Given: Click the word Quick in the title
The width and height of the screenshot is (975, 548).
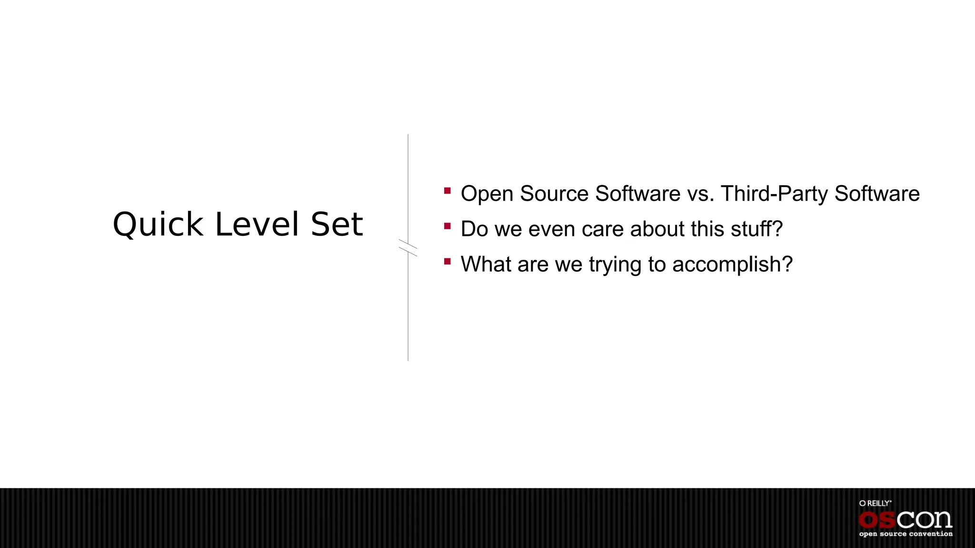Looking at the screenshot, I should coord(158,225).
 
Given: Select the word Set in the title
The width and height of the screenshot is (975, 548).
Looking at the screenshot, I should coord(337,225).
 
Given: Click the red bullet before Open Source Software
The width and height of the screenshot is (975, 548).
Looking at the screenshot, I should coord(447,191).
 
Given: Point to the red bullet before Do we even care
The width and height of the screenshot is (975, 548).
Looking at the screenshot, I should coord(447,226).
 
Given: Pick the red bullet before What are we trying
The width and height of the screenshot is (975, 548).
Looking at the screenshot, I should coord(447,262).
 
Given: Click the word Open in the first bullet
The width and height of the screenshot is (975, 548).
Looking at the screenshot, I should coord(487,194).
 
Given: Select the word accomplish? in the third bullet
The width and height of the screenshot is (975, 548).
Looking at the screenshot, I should coord(732,265).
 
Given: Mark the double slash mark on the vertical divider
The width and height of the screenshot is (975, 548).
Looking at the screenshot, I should coord(408,248).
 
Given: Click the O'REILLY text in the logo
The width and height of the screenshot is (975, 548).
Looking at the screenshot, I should coord(875,503).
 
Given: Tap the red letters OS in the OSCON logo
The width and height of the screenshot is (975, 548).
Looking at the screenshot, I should coord(878,520).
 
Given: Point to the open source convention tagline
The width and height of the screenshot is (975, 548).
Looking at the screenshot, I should coord(905,534).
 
